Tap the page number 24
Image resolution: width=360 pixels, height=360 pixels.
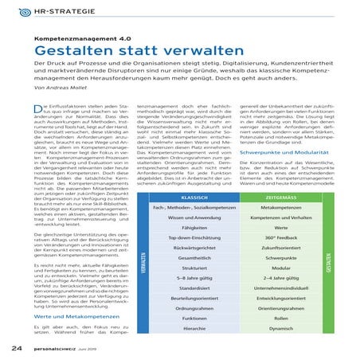point(16,347)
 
